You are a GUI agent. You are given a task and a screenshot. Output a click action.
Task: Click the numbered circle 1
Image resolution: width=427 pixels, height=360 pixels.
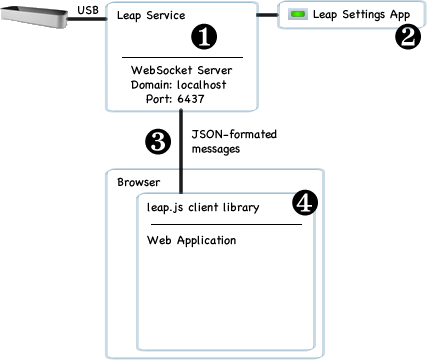click(x=204, y=37)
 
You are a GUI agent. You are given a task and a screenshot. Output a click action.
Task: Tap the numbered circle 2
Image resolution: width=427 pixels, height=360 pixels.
click(x=408, y=37)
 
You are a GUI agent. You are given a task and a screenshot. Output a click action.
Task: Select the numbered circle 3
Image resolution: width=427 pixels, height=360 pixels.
click(x=158, y=141)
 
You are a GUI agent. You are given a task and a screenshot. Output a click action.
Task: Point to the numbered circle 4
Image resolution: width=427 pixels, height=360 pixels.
click(x=305, y=203)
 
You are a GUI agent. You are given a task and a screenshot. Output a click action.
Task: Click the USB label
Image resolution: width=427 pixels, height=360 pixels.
click(x=88, y=10)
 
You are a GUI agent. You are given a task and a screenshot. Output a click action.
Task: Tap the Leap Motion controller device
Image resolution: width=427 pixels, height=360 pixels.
click(x=34, y=18)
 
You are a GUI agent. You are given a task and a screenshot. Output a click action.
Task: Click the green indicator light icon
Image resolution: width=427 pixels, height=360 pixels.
click(x=298, y=14)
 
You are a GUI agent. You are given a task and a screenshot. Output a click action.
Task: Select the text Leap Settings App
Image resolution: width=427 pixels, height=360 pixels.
click(x=361, y=15)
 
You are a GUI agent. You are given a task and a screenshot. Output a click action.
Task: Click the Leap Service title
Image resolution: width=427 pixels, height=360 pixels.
click(x=151, y=16)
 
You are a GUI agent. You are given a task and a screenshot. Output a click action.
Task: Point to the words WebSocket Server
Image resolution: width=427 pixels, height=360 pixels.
click(x=182, y=70)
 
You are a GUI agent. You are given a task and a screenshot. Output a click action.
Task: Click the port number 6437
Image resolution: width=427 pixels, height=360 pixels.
click(x=191, y=99)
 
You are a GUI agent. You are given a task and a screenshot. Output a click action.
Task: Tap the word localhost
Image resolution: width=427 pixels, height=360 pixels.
click(x=202, y=85)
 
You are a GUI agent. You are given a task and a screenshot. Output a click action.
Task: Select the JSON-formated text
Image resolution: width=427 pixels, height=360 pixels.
click(x=234, y=134)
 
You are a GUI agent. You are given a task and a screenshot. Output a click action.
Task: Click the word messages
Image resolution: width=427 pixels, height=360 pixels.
click(x=216, y=149)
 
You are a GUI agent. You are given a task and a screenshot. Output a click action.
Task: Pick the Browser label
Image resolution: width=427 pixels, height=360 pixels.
click(x=139, y=182)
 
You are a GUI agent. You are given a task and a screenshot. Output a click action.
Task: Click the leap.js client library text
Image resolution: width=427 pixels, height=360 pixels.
click(x=203, y=208)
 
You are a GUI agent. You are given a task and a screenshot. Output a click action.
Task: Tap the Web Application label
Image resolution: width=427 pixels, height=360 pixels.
click(x=192, y=241)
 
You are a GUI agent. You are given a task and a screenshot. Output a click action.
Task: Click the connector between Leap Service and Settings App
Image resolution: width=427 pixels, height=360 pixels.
click(x=267, y=15)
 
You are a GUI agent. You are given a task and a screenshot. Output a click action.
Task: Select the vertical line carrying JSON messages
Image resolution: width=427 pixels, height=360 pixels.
click(x=181, y=152)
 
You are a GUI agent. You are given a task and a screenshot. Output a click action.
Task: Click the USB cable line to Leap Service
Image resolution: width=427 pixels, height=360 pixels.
click(x=87, y=19)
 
